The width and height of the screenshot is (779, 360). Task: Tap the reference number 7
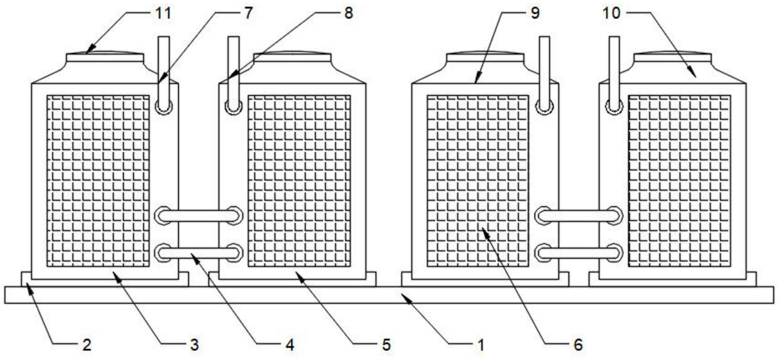(248, 13)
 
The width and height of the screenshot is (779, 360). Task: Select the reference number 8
(348, 13)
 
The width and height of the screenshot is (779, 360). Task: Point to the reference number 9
(535, 13)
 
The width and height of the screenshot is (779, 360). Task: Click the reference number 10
(612, 13)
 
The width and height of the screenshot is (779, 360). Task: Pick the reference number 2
(86, 345)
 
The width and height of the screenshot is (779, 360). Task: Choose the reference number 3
(193, 345)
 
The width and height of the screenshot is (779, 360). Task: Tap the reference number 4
(289, 345)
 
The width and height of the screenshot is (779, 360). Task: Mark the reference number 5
(386, 345)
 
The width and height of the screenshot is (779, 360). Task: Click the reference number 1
(481, 345)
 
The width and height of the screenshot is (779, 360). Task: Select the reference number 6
(578, 345)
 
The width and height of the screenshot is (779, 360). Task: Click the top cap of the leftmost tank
(105, 57)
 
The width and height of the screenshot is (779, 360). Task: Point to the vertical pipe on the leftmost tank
(164, 67)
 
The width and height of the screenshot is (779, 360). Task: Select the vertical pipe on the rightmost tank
(614, 67)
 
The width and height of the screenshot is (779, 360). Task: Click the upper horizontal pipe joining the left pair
(198, 216)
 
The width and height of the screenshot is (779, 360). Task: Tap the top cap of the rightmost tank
(672, 57)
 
